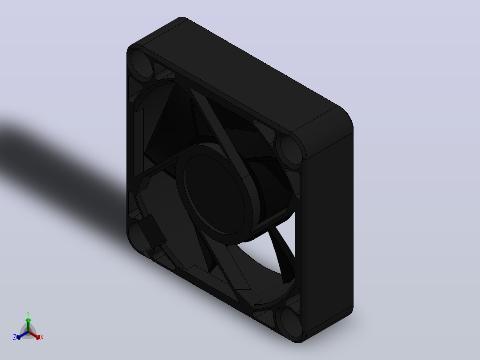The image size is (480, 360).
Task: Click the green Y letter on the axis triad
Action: coord(28,313)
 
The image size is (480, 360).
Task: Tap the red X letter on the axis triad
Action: coord(42,337)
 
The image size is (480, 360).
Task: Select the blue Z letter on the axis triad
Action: coord(15,337)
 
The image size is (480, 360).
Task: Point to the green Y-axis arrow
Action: coord(28,325)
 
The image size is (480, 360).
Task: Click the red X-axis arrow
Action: coord(34,335)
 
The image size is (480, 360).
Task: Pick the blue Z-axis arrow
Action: coord(22,335)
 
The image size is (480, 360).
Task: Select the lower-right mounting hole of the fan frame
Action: coord(289,323)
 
